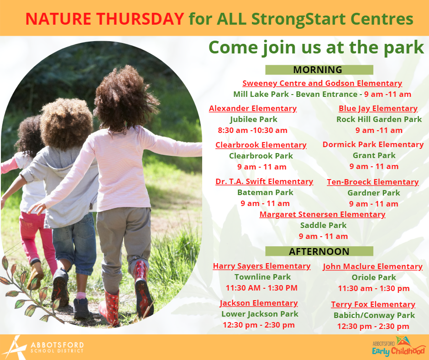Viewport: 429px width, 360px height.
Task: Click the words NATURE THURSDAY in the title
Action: (105, 19)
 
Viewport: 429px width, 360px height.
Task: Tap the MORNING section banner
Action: (319, 69)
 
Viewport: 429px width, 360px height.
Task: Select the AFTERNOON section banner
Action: (319, 251)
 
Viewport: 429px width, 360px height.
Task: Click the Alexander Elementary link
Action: (253, 108)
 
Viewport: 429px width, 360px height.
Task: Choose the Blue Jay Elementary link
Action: (378, 108)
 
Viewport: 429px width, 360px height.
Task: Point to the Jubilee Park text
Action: (254, 119)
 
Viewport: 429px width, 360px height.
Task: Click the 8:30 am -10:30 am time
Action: (252, 130)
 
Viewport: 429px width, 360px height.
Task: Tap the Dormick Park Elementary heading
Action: (373, 144)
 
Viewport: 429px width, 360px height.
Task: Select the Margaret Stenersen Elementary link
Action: (322, 214)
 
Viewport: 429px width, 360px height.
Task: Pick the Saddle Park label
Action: (324, 225)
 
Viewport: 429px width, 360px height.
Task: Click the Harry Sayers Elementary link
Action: (262, 266)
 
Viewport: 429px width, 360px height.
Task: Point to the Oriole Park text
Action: (374, 277)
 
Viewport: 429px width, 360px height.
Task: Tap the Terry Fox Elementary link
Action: (373, 304)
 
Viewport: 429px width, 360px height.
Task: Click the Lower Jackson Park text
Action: (260, 314)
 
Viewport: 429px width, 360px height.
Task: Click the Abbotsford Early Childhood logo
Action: (398, 347)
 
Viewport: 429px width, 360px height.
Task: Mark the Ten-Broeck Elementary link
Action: (373, 182)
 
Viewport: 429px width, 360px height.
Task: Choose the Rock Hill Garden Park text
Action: (379, 119)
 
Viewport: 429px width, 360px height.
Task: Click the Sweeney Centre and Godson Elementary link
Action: (322, 83)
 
